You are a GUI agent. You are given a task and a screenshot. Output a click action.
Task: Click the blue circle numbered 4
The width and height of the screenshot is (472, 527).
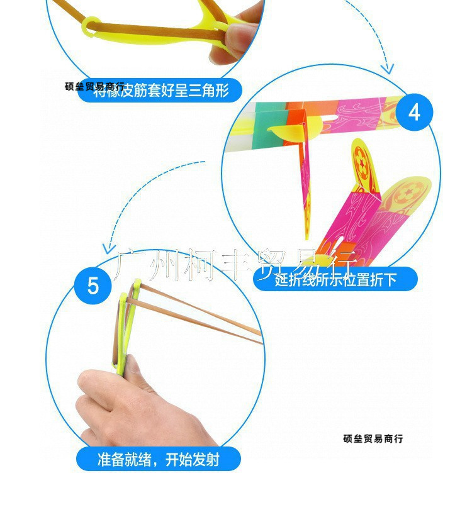tap(413, 112)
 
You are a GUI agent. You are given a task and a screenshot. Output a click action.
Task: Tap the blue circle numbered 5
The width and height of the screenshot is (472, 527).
tap(93, 286)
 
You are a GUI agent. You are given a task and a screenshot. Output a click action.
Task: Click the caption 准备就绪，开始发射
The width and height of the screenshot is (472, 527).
tap(159, 459)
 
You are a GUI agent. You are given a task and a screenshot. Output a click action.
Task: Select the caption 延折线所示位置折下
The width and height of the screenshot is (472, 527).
tap(335, 279)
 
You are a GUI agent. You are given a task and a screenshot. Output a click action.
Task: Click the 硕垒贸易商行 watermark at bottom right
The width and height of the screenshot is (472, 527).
tap(373, 438)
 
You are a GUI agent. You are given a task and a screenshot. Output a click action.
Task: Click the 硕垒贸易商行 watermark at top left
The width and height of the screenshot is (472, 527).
tap(94, 86)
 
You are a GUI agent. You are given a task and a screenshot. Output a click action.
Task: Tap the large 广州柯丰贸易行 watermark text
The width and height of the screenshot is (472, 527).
tap(237, 264)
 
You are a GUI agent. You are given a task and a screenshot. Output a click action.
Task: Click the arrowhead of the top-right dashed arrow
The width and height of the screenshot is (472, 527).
tap(388, 67)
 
